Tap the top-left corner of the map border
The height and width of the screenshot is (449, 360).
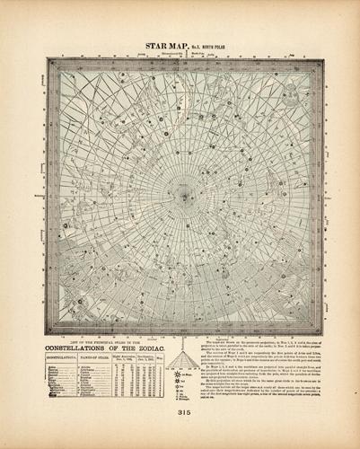[48, 59]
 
